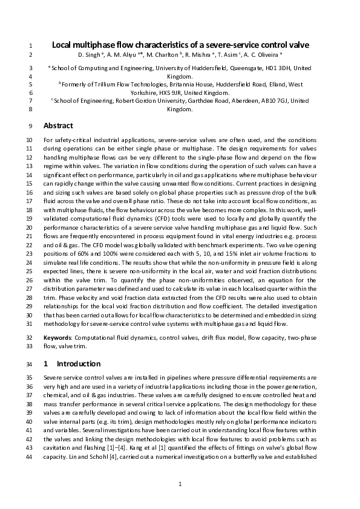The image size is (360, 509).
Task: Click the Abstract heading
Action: click(x=58, y=126)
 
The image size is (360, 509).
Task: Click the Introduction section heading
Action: click(x=78, y=364)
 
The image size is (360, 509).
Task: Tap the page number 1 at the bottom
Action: click(x=180, y=484)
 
